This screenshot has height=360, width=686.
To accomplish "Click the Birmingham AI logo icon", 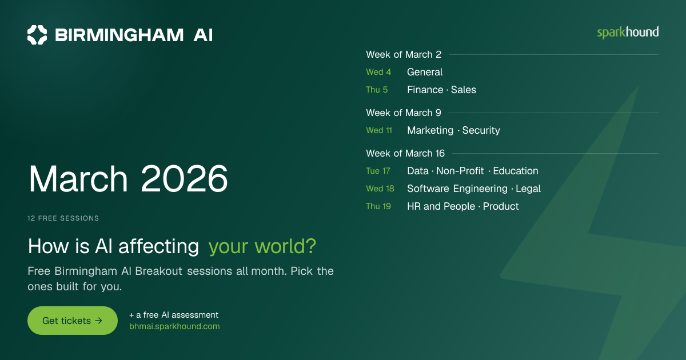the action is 37,35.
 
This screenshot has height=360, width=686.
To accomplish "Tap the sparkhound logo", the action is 628,33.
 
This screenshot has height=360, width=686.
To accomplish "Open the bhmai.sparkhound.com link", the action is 174,326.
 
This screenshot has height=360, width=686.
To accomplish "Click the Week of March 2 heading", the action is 404,54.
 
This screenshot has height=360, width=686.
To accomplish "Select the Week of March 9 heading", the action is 404,113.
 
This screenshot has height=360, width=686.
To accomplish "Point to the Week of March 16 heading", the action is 405,153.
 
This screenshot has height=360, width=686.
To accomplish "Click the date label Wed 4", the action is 378,72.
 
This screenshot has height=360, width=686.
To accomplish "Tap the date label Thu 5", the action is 377,90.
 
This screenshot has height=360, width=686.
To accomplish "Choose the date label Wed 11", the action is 379,130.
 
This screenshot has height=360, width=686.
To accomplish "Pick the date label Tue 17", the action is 378,171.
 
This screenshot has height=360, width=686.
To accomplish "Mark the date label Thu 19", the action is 378,206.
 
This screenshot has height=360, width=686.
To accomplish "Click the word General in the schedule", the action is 425,72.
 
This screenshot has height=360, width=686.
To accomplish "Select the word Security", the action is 481,131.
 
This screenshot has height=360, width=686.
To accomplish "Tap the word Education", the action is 516,171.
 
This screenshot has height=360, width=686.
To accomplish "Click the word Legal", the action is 528,189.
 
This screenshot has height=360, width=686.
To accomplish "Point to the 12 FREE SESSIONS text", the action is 63,218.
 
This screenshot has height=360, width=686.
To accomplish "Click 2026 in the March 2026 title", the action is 184,179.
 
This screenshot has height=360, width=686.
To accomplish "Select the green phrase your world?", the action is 262,246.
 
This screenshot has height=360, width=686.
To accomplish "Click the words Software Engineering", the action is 457,189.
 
